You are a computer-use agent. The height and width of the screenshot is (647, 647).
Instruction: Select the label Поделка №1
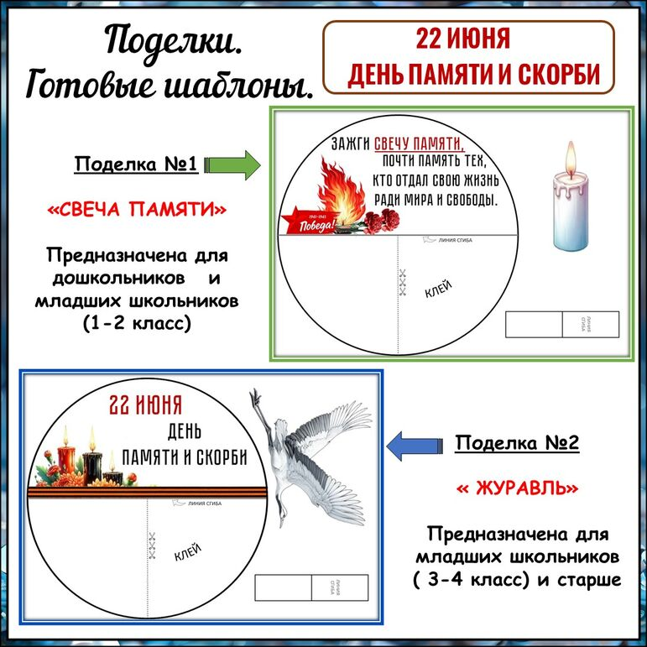136,164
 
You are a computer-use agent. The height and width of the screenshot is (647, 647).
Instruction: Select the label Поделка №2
517,443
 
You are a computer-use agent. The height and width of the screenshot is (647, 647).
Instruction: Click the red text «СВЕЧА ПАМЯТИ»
137,209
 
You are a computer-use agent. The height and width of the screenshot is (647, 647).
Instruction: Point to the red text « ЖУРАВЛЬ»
517,487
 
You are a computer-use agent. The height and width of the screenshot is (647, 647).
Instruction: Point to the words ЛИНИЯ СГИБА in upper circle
454,242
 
